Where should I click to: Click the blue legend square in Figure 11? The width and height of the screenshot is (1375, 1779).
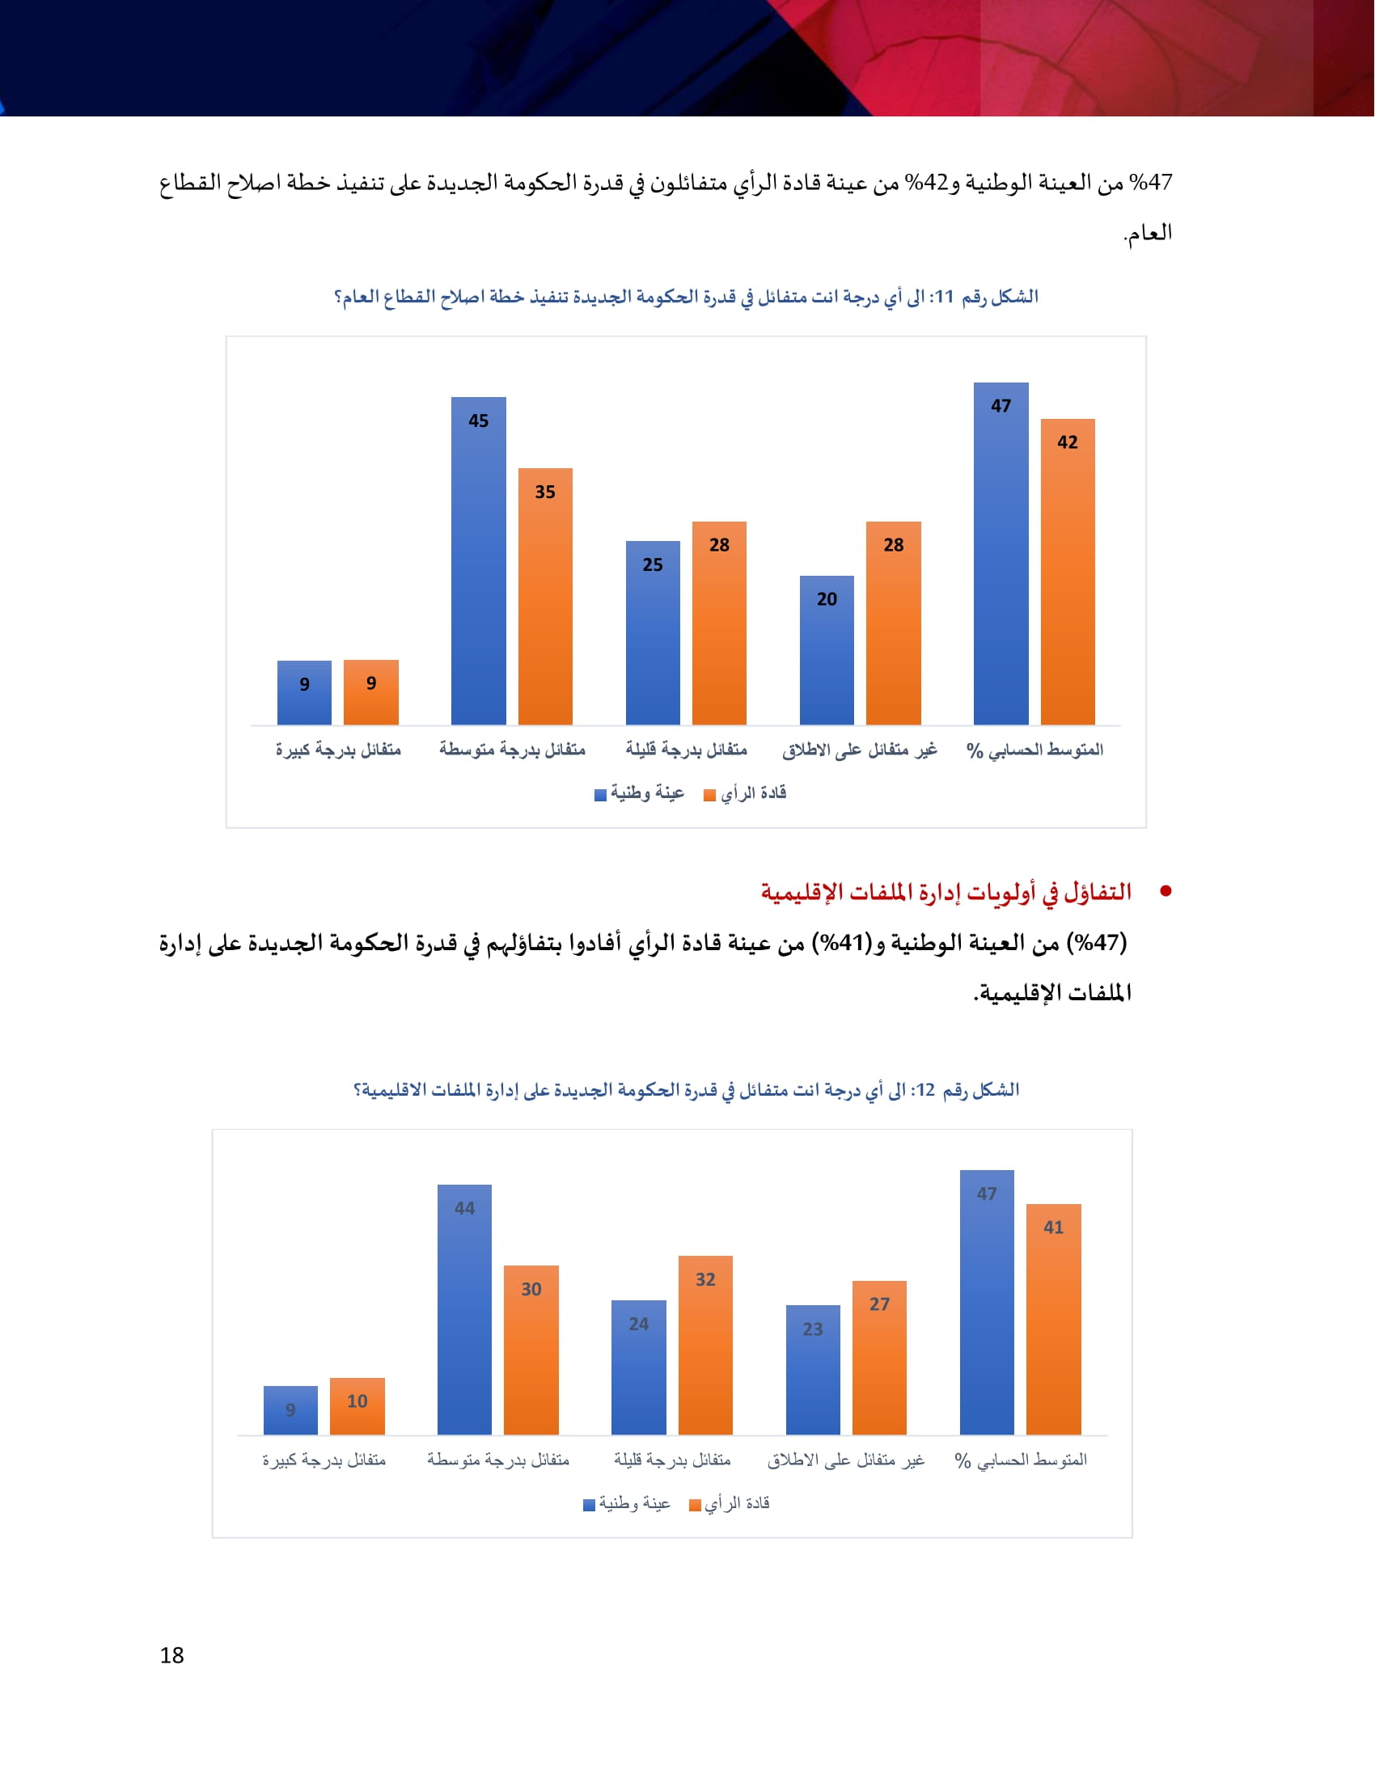coord(600,795)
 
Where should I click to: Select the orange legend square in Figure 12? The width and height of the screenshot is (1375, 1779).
coord(695,1506)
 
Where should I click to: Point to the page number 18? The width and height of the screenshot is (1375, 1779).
coord(171,1655)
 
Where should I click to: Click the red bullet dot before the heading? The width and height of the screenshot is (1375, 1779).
coord(1166,892)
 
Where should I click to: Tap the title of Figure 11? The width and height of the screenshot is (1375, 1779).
coord(686,297)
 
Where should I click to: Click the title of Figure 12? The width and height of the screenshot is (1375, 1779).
coord(686,1090)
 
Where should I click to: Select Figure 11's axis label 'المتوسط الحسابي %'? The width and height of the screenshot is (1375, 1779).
coord(1034,750)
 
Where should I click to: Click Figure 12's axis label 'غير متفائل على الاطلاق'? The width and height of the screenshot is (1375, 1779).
coord(845,1460)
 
